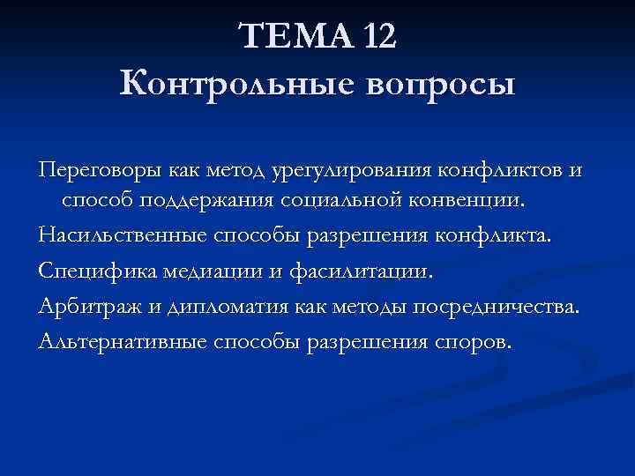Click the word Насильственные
121,235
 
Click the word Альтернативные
118,340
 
